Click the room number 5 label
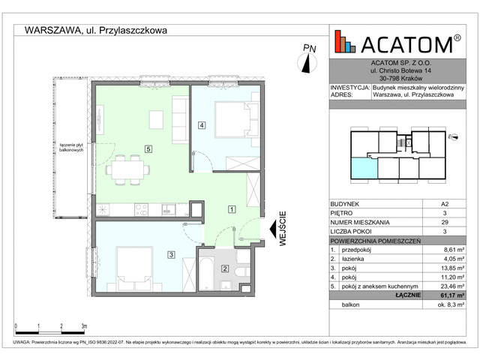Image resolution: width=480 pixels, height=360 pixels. pyautogui.click(x=148, y=149)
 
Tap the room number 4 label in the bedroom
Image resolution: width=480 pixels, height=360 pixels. pyautogui.click(x=201, y=125)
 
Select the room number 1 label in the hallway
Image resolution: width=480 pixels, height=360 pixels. pyautogui.click(x=232, y=209)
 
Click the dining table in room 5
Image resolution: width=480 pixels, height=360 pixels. pyautogui.click(x=125, y=170)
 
